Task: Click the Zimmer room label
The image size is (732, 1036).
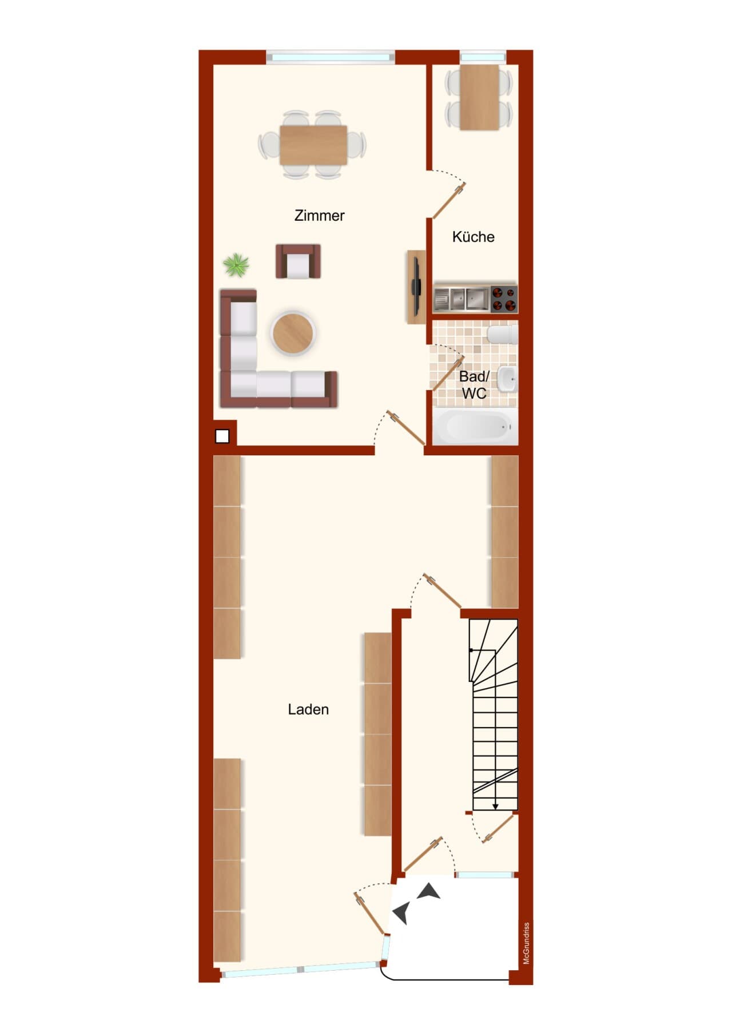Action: click(x=319, y=216)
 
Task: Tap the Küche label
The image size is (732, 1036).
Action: click(x=473, y=237)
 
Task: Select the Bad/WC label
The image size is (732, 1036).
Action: click(x=474, y=385)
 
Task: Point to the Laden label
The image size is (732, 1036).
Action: click(x=308, y=709)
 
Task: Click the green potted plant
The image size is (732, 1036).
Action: click(x=236, y=265)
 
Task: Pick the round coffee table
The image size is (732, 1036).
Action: click(x=293, y=333)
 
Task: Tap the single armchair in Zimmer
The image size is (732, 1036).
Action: click(x=298, y=261)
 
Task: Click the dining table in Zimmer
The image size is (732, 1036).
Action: click(x=313, y=145)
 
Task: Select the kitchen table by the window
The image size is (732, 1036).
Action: click(x=479, y=97)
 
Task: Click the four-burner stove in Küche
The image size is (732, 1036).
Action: click(x=503, y=298)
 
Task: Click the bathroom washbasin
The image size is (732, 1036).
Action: click(x=507, y=379)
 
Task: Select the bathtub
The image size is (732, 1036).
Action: click(x=475, y=427)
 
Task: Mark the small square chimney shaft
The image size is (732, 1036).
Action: click(x=222, y=436)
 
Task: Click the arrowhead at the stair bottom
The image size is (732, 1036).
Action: click(x=495, y=807)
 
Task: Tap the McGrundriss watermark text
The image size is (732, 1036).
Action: click(x=527, y=943)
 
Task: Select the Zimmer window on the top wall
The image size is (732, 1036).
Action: click(x=331, y=57)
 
